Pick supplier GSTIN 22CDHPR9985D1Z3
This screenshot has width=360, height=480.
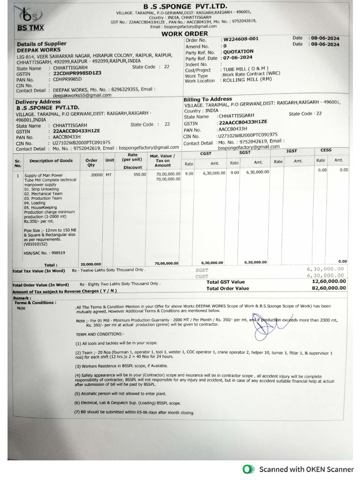[77, 74]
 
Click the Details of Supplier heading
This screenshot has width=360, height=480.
[41, 44]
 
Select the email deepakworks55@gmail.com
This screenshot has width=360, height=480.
[82, 95]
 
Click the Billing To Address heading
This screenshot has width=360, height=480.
[208, 99]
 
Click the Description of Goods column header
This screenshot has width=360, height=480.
[51, 161]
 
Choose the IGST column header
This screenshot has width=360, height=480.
[292, 151]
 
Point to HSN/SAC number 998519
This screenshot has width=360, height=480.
[45, 253]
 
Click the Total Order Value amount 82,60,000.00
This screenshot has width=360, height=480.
[328, 288]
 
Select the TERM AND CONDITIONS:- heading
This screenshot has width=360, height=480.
[100, 334]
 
